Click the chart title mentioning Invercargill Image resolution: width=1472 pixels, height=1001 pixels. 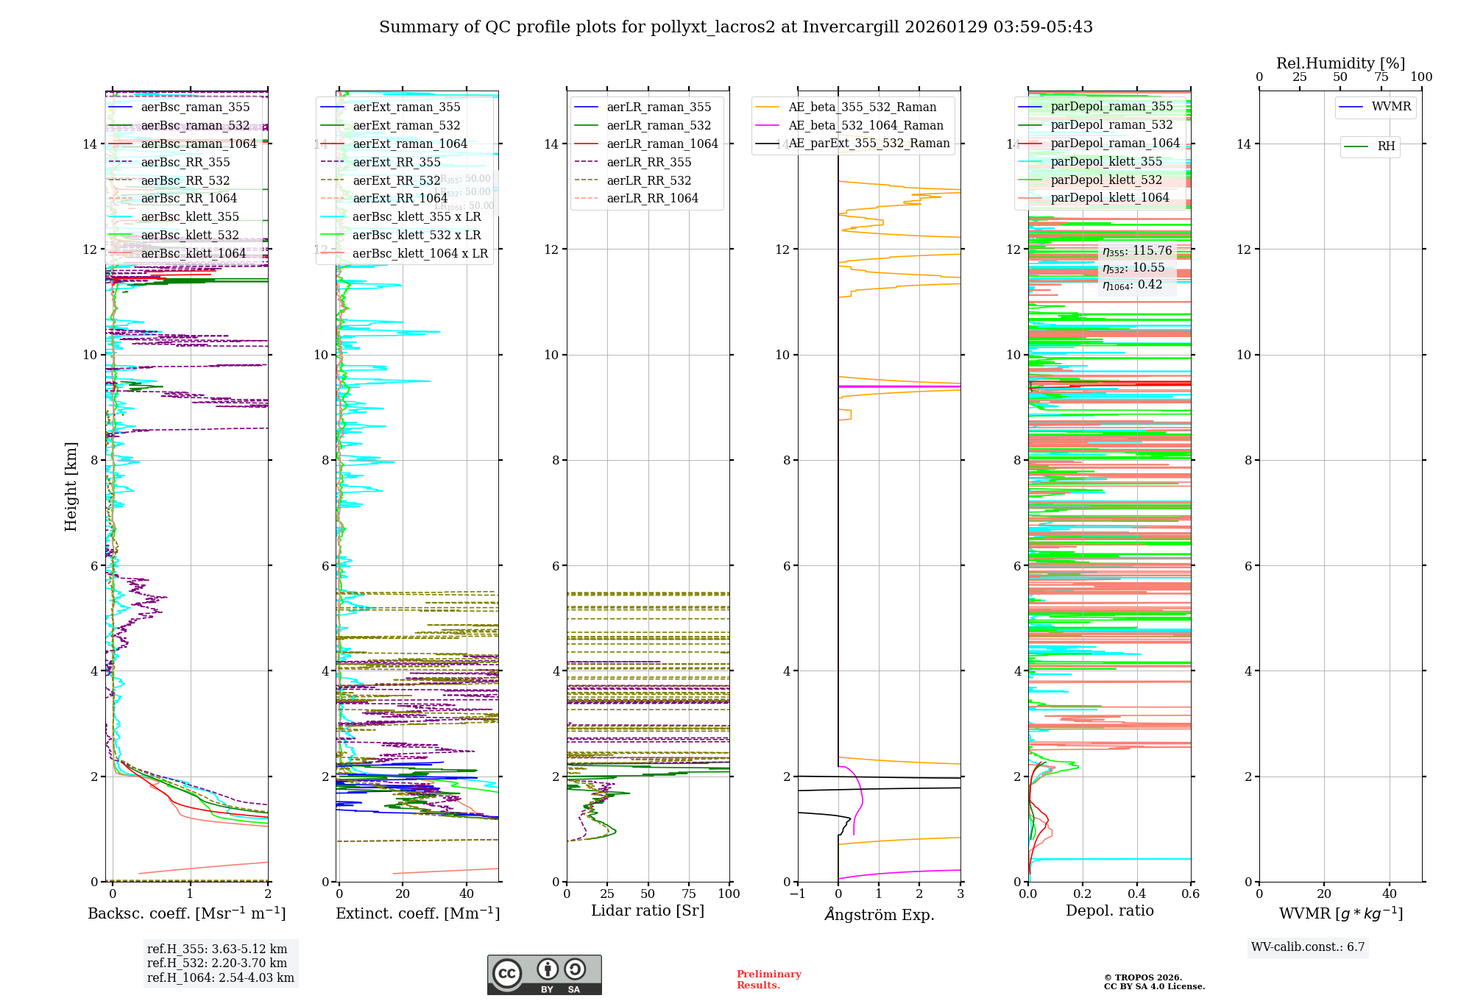pyautogui.click(x=735, y=27)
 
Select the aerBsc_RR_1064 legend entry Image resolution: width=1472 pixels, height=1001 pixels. pyautogui.click(x=188, y=199)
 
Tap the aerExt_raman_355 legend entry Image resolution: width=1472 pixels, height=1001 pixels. pyautogui.click(x=406, y=107)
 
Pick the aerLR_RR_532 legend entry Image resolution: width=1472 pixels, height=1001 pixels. pyautogui.click(x=648, y=180)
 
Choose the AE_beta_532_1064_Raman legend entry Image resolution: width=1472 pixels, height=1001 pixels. pyautogui.click(x=866, y=126)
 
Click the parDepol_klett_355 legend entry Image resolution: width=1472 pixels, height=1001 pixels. pyautogui.click(x=1106, y=162)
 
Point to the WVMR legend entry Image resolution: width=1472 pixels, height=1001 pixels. pyautogui.click(x=1391, y=107)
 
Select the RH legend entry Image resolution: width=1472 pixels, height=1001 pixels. pyautogui.click(x=1386, y=146)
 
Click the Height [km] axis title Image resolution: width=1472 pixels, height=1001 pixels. pyautogui.click(x=71, y=487)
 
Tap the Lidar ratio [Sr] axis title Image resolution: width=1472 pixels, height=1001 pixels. pyautogui.click(x=648, y=911)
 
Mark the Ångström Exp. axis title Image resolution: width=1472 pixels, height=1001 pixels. pyautogui.click(x=880, y=915)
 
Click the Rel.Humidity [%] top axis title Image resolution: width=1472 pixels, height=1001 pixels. pyautogui.click(x=1340, y=63)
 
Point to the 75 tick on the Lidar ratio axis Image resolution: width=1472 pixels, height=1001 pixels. pyautogui.click(x=689, y=894)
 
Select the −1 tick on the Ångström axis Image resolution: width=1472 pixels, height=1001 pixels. pyautogui.click(x=797, y=894)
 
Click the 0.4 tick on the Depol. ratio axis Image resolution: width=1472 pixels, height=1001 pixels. pyautogui.click(x=1136, y=894)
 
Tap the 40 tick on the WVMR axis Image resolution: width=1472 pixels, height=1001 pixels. pyautogui.click(x=1390, y=894)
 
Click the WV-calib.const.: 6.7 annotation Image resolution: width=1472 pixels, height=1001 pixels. pyautogui.click(x=1308, y=947)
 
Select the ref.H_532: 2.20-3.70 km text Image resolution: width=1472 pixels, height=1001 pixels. pyautogui.click(x=217, y=963)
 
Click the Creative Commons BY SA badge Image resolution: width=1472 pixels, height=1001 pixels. pyautogui.click(x=544, y=975)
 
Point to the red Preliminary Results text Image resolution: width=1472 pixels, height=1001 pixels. pyautogui.click(x=768, y=980)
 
